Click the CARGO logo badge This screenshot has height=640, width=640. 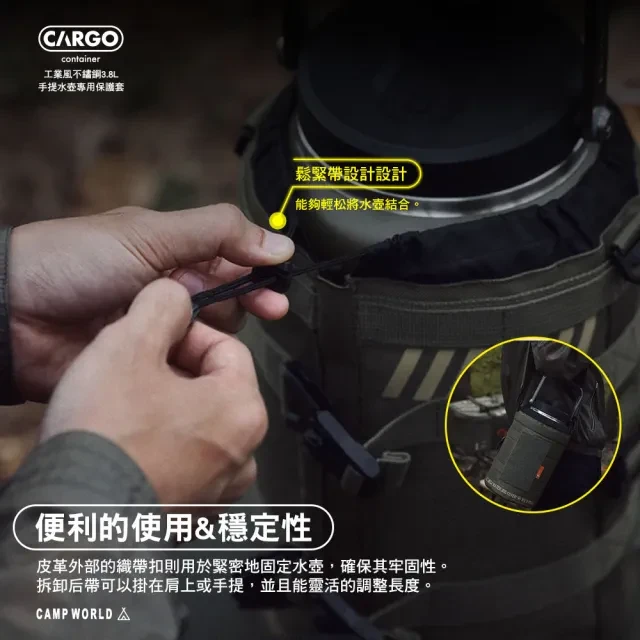[81, 39]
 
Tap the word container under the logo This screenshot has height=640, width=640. [80, 59]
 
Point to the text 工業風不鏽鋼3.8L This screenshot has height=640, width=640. [81, 74]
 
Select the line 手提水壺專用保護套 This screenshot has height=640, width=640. [81, 87]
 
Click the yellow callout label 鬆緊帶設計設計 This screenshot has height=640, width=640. [351, 174]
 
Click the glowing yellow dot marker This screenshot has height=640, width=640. [278, 221]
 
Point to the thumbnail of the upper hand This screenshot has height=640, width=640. [277, 244]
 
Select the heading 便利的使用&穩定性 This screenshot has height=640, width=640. [173, 527]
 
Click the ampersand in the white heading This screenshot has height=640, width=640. [204, 528]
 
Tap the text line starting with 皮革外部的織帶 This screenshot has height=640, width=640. [242, 567]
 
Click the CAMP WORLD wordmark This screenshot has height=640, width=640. [74, 614]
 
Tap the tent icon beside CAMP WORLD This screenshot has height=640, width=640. [124, 614]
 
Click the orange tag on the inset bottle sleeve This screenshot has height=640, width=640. [540, 470]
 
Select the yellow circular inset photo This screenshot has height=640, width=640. [534, 424]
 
